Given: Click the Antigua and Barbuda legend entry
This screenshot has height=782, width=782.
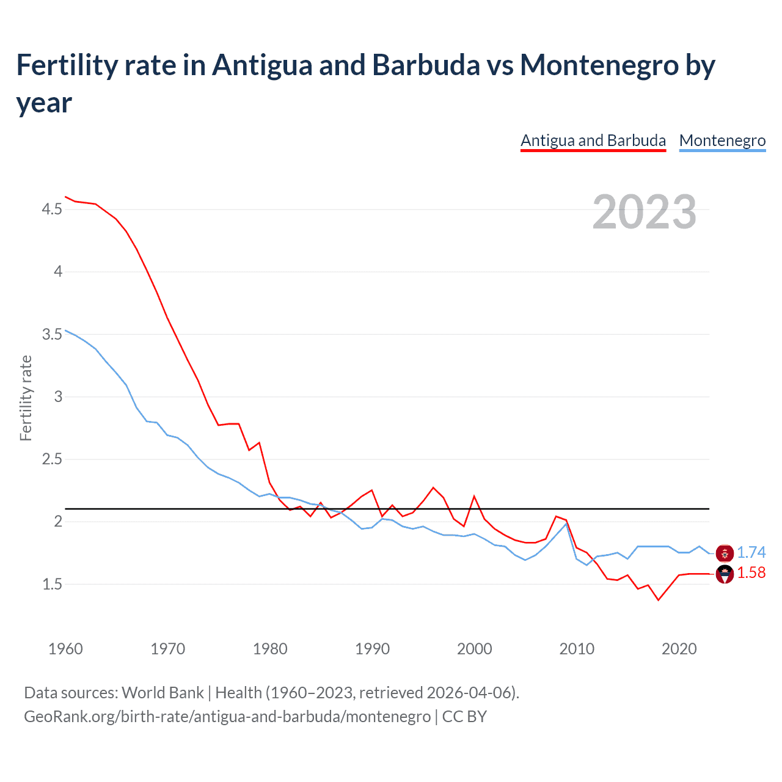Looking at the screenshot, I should (593, 141).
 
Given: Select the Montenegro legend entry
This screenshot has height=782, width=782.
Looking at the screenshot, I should (722, 141).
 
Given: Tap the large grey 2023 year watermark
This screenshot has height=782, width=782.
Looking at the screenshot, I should (644, 211).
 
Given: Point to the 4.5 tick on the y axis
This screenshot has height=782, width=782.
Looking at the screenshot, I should (52, 210).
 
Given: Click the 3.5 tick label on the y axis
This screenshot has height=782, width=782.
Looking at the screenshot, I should (52, 334).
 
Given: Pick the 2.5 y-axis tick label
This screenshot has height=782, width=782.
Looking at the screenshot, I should (52, 459).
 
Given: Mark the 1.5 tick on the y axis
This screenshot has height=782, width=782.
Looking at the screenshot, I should (52, 584).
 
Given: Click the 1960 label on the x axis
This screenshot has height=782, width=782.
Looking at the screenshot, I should (65, 649).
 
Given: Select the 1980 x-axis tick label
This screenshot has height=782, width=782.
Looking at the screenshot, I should (270, 649).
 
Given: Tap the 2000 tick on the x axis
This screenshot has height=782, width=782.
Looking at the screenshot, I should (474, 649).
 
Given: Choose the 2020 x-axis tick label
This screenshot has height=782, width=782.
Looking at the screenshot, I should (679, 649).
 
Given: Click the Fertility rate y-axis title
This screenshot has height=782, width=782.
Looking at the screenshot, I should (26, 398).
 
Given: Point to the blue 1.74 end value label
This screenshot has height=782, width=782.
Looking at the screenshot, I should (751, 552).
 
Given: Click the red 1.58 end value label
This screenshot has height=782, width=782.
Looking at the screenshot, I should (751, 572).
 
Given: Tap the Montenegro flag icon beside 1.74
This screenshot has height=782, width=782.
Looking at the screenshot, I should (725, 553).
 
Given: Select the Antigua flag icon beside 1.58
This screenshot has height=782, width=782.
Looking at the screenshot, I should (725, 574).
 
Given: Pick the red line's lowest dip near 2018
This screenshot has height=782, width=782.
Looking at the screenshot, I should (658, 600).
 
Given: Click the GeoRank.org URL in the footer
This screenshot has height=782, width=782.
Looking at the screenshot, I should (227, 716).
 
